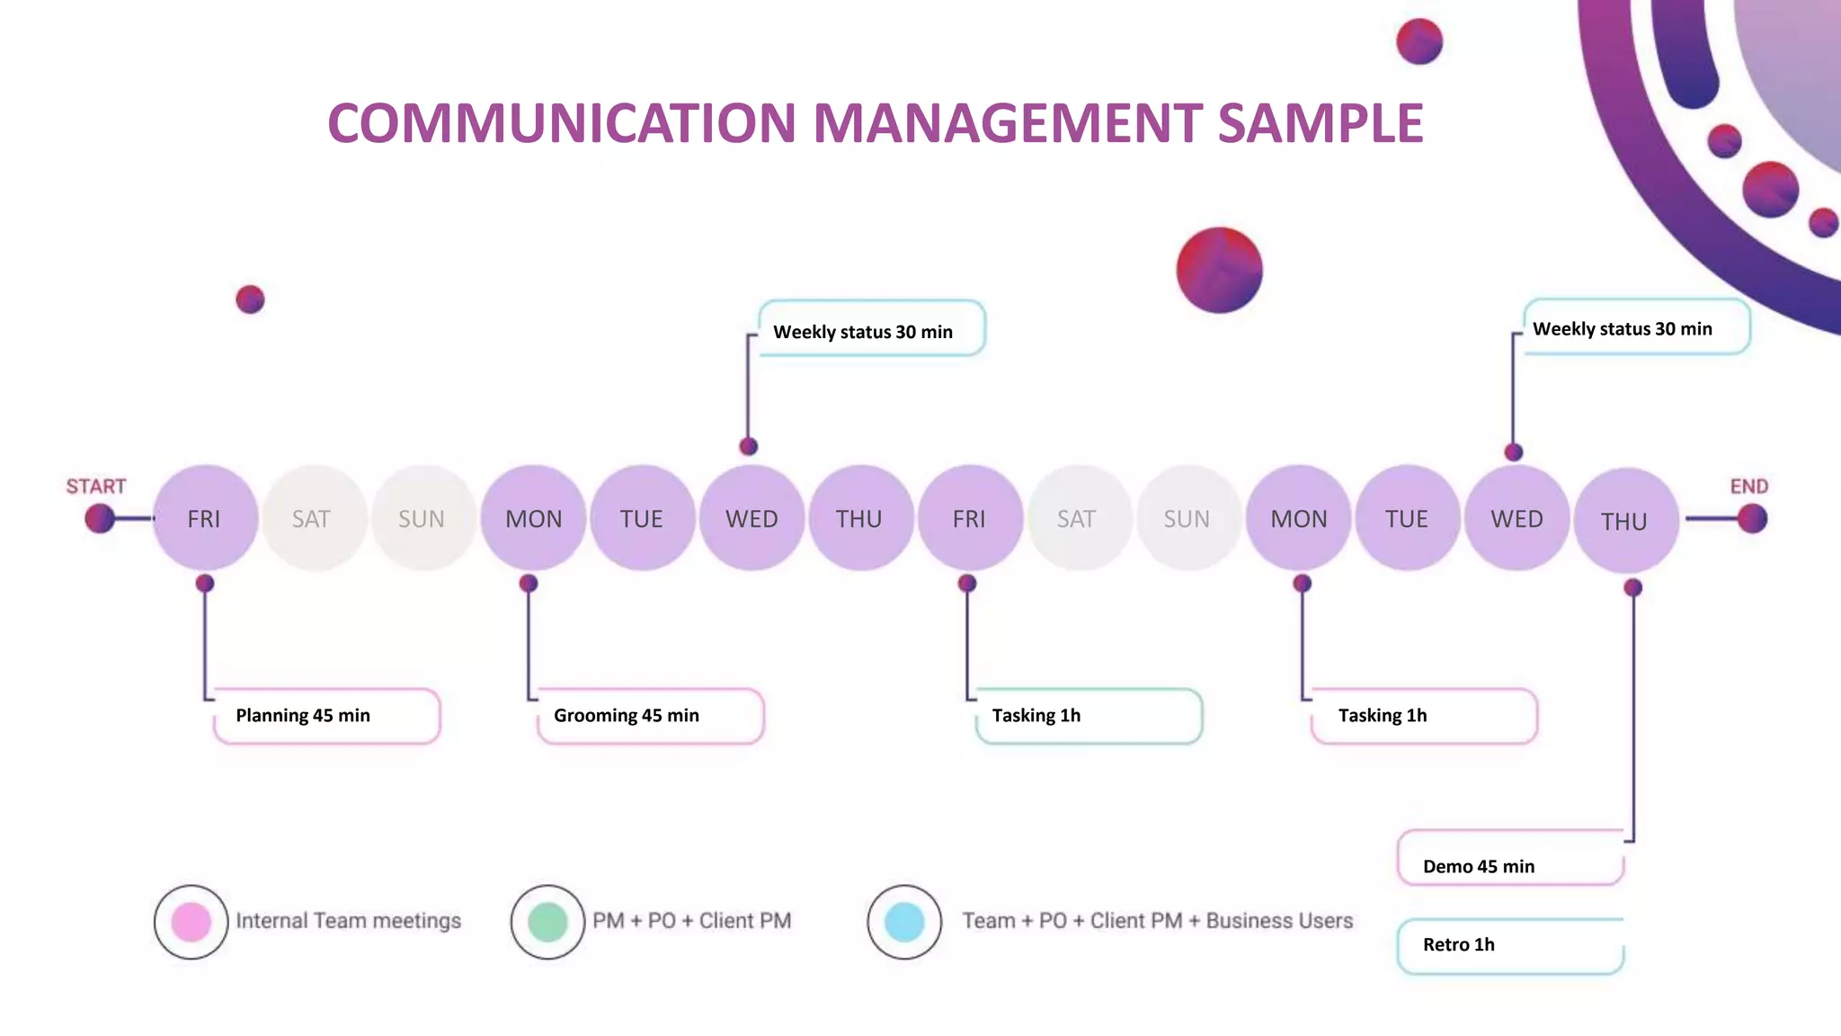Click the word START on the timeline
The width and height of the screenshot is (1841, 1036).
tap(96, 487)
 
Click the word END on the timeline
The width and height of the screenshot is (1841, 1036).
tap(1748, 487)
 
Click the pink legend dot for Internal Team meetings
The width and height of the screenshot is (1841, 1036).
tap(191, 922)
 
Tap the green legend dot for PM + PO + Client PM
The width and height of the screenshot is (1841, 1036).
tap(547, 922)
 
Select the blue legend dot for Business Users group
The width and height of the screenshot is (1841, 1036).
tap(904, 922)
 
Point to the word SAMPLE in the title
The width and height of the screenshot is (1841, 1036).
tap(1321, 123)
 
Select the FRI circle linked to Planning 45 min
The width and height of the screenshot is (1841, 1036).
tap(205, 518)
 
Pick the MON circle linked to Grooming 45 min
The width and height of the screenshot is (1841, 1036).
tap(533, 518)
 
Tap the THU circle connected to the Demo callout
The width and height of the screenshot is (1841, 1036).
tap(1625, 521)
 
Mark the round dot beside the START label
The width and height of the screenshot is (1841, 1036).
tap(100, 518)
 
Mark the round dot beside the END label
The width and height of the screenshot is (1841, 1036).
tap(1752, 518)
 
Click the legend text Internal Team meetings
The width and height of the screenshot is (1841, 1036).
tap(348, 921)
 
